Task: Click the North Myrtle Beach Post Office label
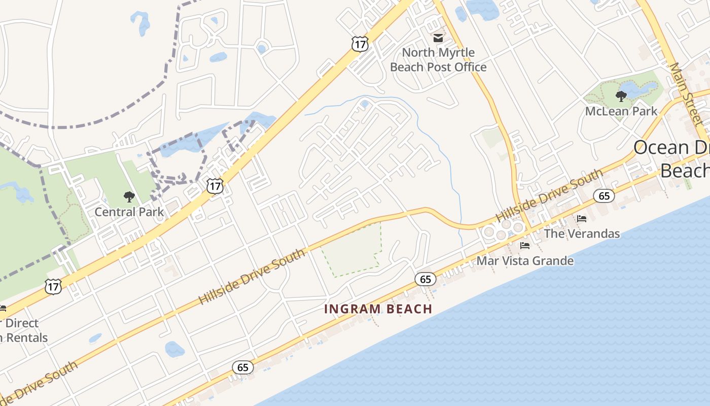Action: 438,60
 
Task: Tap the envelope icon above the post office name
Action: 438,38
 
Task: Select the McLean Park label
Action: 621,111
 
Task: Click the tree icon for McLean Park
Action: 621,96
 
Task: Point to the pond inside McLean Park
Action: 636,89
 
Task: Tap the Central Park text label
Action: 129,212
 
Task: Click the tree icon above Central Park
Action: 129,196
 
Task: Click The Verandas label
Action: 582,233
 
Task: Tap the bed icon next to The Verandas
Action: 582,219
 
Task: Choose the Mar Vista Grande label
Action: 525,261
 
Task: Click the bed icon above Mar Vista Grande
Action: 525,246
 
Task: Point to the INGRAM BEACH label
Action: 378,309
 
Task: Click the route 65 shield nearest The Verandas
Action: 604,195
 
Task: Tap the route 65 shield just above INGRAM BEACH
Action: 425,279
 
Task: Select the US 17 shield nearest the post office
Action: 360,44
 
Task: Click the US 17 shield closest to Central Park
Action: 215,186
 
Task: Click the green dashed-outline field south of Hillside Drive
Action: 352,251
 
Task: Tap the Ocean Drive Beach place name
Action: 672,159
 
